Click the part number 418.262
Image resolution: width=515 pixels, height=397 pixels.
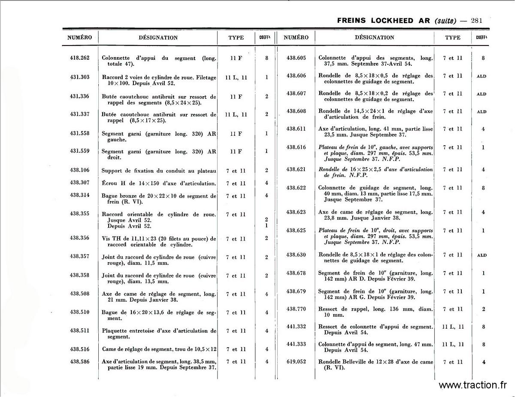coord(79,58)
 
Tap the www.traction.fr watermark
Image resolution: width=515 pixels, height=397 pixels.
coord(473,385)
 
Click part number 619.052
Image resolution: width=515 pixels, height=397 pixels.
coord(296,362)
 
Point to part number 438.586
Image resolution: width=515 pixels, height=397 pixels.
coord(79,362)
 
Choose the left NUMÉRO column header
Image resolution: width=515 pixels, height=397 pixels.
coord(79,37)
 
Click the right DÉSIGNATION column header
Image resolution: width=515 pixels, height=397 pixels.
coord(374,37)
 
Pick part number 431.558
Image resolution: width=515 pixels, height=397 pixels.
coord(79,134)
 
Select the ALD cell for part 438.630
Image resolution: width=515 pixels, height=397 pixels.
coord(482,255)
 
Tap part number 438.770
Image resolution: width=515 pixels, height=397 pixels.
coord(296,309)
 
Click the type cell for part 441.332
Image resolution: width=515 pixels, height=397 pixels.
coord(453,327)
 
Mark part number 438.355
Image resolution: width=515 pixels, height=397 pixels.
coord(79,214)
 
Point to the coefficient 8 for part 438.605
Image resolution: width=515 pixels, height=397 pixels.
coord(483,58)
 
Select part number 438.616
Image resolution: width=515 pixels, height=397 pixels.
coord(296,147)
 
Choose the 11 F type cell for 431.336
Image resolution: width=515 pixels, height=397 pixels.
coord(236,97)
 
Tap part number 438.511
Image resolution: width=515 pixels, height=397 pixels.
coord(79,330)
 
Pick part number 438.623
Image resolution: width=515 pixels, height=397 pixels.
coord(296,212)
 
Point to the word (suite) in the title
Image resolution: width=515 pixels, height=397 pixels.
coord(445,20)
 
